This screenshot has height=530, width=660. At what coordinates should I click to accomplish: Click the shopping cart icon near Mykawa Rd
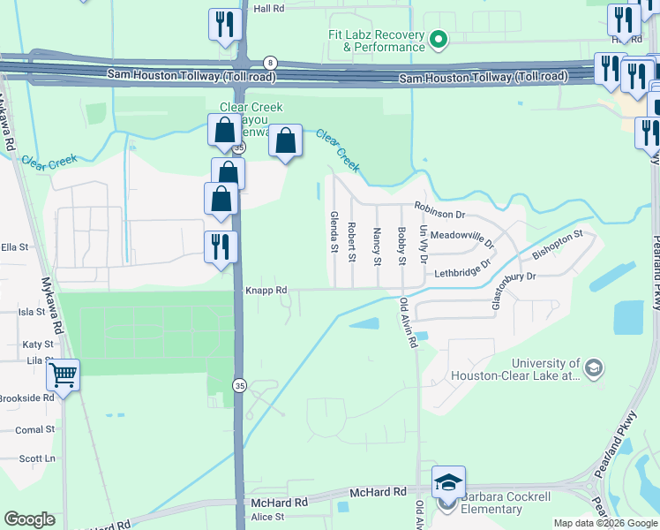coord(63,375)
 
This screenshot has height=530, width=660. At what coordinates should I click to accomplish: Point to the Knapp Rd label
coord(266,290)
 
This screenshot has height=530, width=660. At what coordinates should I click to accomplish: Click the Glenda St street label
coord(334,231)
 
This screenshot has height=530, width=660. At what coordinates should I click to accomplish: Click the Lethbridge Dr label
coord(461,269)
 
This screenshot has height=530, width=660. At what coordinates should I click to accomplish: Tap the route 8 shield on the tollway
coord(270,62)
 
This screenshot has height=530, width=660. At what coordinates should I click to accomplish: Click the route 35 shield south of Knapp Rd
coord(239,385)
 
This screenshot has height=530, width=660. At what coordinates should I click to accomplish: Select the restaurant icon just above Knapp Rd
coord(221,246)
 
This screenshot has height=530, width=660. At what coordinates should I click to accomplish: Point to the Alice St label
coord(267,517)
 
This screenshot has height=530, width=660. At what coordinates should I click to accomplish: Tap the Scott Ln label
coord(37,458)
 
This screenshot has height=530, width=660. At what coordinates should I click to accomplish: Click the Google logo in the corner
coord(29,519)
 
